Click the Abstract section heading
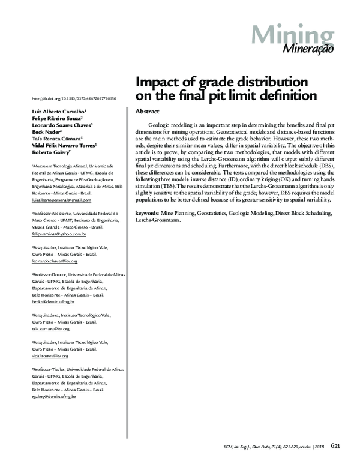147,112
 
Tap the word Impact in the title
157,82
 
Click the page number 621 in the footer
336,445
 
